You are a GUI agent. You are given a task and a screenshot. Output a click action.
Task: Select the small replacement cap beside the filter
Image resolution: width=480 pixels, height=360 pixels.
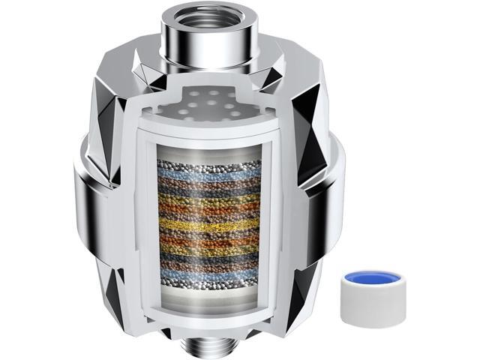[x=369, y=281]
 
